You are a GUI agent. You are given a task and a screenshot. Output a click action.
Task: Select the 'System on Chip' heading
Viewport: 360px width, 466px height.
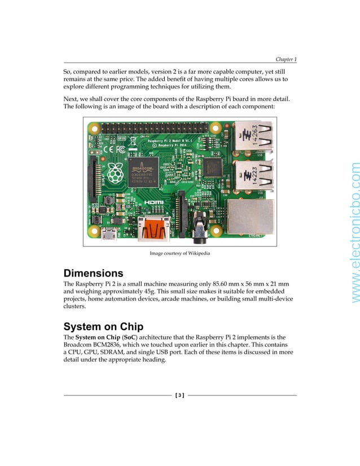pyautogui.click(x=103, y=327)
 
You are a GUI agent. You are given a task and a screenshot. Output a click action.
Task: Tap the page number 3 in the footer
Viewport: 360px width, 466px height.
pyautogui.click(x=179, y=395)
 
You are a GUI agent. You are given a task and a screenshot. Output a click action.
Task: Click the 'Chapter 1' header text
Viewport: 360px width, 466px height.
pyautogui.click(x=286, y=59)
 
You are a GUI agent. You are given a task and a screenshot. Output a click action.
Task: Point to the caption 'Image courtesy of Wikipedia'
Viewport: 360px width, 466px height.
pyautogui.click(x=179, y=254)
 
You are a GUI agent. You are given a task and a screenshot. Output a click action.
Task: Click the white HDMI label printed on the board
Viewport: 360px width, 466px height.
pyautogui.click(x=153, y=202)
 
